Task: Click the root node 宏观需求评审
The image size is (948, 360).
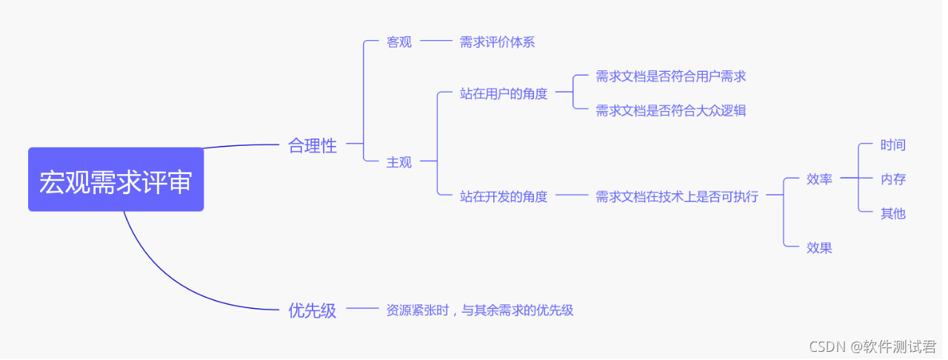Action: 116,180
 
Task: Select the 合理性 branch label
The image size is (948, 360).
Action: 312,146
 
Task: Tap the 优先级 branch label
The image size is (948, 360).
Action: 312,310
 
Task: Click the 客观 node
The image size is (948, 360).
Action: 398,42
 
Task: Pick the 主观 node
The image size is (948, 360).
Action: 398,162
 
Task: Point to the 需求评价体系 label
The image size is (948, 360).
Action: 497,42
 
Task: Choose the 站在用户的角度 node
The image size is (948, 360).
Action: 504,93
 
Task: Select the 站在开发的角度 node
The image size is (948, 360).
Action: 504,196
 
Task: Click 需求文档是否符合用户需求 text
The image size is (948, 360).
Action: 670,76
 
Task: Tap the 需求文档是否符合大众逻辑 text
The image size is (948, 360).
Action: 670,110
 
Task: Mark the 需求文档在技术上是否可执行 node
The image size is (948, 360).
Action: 677,196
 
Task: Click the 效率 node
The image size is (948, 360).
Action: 819,179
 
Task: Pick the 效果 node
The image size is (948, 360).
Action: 819,247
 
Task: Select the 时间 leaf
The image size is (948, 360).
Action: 892,145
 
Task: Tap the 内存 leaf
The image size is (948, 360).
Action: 892,179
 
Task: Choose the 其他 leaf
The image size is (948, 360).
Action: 892,213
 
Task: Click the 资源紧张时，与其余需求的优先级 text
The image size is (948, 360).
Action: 480,310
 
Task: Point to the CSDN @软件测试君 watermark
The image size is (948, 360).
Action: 872,347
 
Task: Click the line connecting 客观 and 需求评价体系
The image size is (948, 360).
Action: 435,42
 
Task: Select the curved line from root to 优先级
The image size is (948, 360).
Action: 170,281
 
